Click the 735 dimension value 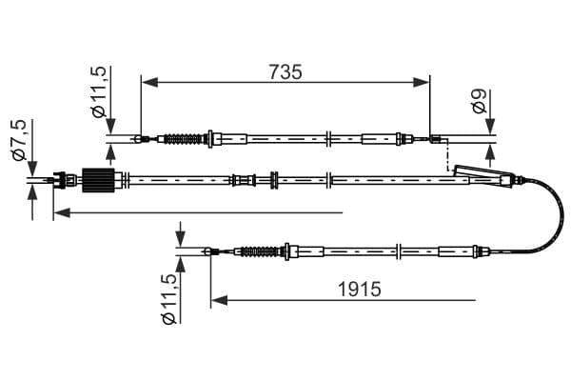285,71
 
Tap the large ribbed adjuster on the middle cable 99,179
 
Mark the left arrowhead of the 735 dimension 146,82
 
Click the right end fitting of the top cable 436,141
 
